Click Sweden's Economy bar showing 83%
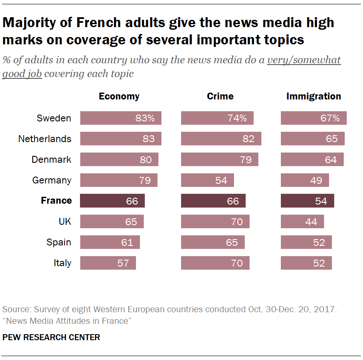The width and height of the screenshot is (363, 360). (120, 118)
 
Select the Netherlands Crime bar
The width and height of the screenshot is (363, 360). (221, 139)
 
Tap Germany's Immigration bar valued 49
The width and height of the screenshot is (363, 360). (305, 180)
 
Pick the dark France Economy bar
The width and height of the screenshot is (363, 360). (112, 201)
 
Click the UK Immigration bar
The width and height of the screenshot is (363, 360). (302, 221)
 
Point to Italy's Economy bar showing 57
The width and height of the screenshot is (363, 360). (108, 263)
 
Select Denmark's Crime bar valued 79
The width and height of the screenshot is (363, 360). (219, 159)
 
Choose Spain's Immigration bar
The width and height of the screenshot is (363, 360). (306, 242)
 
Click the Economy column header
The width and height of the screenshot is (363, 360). (119, 96)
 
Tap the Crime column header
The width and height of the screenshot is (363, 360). (220, 96)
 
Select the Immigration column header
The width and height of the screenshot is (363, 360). (314, 96)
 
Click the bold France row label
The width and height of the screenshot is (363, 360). (56, 201)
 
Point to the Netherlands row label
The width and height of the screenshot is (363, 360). (45, 139)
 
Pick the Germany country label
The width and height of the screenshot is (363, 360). (52, 180)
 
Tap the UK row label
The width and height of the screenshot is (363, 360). (65, 221)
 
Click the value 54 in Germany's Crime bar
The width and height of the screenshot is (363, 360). (221, 180)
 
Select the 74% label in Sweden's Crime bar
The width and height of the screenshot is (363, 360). (237, 118)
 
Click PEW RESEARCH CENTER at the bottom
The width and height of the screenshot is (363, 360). (51, 337)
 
